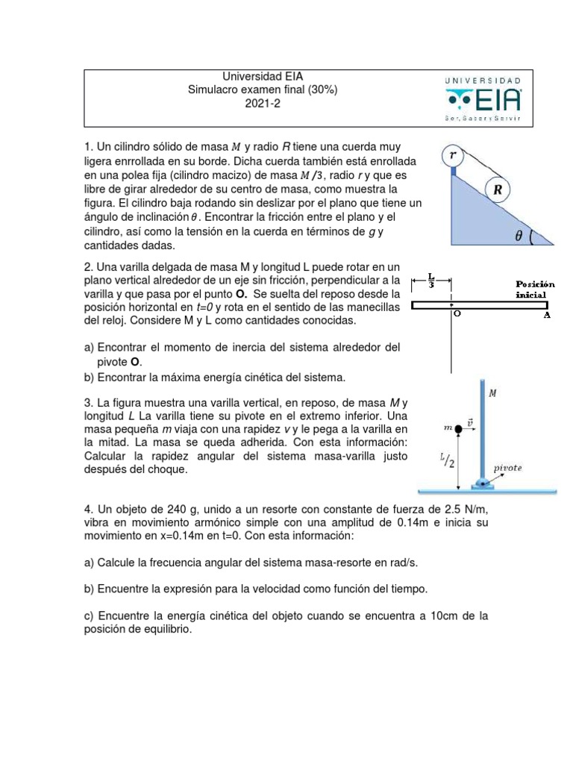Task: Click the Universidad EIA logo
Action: tap(484, 98)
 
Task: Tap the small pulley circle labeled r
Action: tap(452, 157)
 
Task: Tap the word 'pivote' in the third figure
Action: tap(509, 468)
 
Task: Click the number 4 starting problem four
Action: tap(87, 509)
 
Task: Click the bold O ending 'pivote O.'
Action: tap(135, 361)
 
